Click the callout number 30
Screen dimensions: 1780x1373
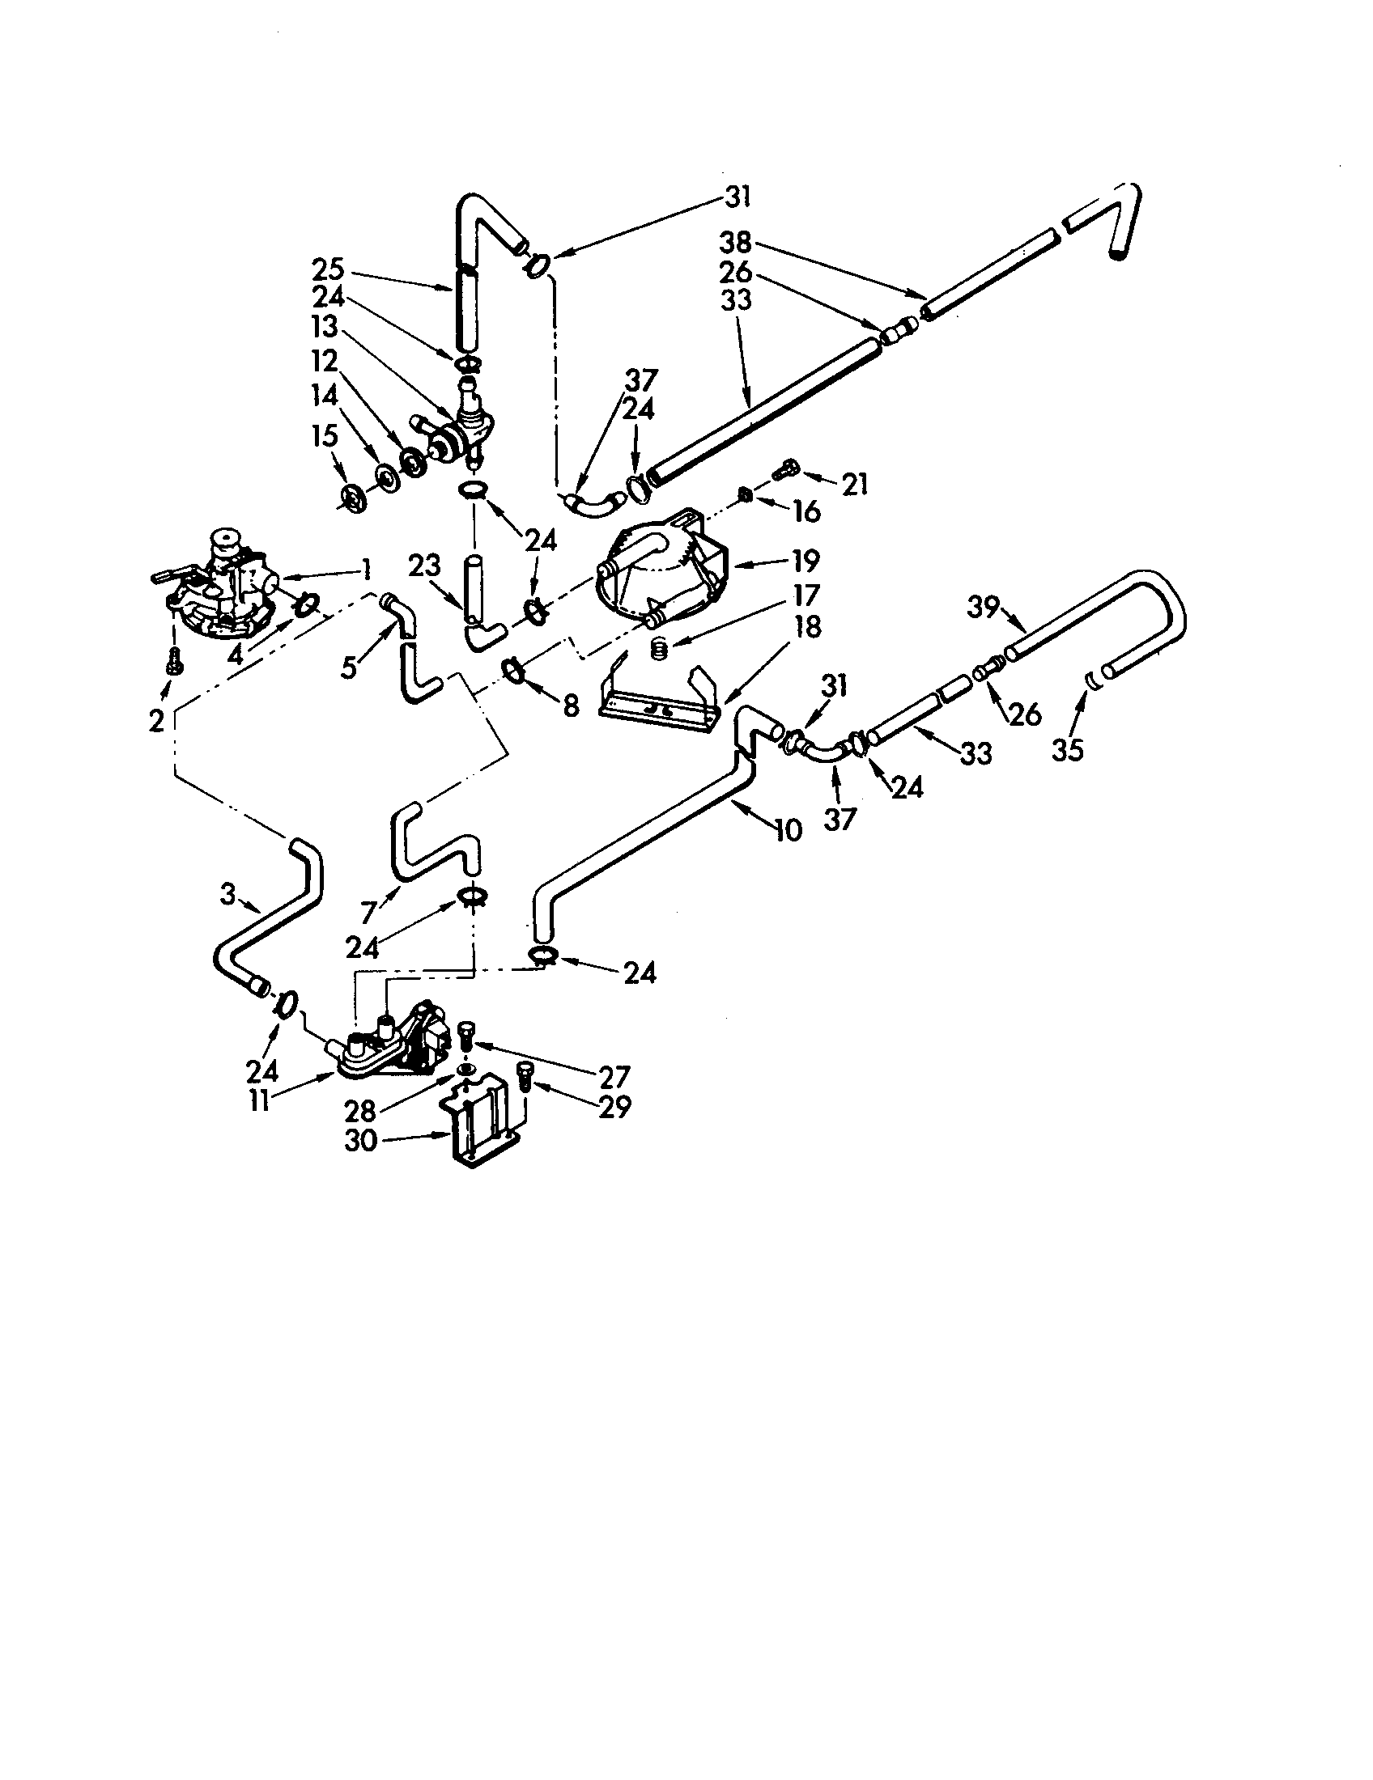(360, 1141)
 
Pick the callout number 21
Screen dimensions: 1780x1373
(853, 485)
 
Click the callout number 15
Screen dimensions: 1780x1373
(325, 436)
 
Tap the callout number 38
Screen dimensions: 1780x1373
(735, 242)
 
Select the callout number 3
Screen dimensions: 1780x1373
(227, 895)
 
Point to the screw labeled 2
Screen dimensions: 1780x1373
(176, 665)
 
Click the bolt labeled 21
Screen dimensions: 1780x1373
(787, 469)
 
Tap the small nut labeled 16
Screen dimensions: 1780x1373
(743, 494)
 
